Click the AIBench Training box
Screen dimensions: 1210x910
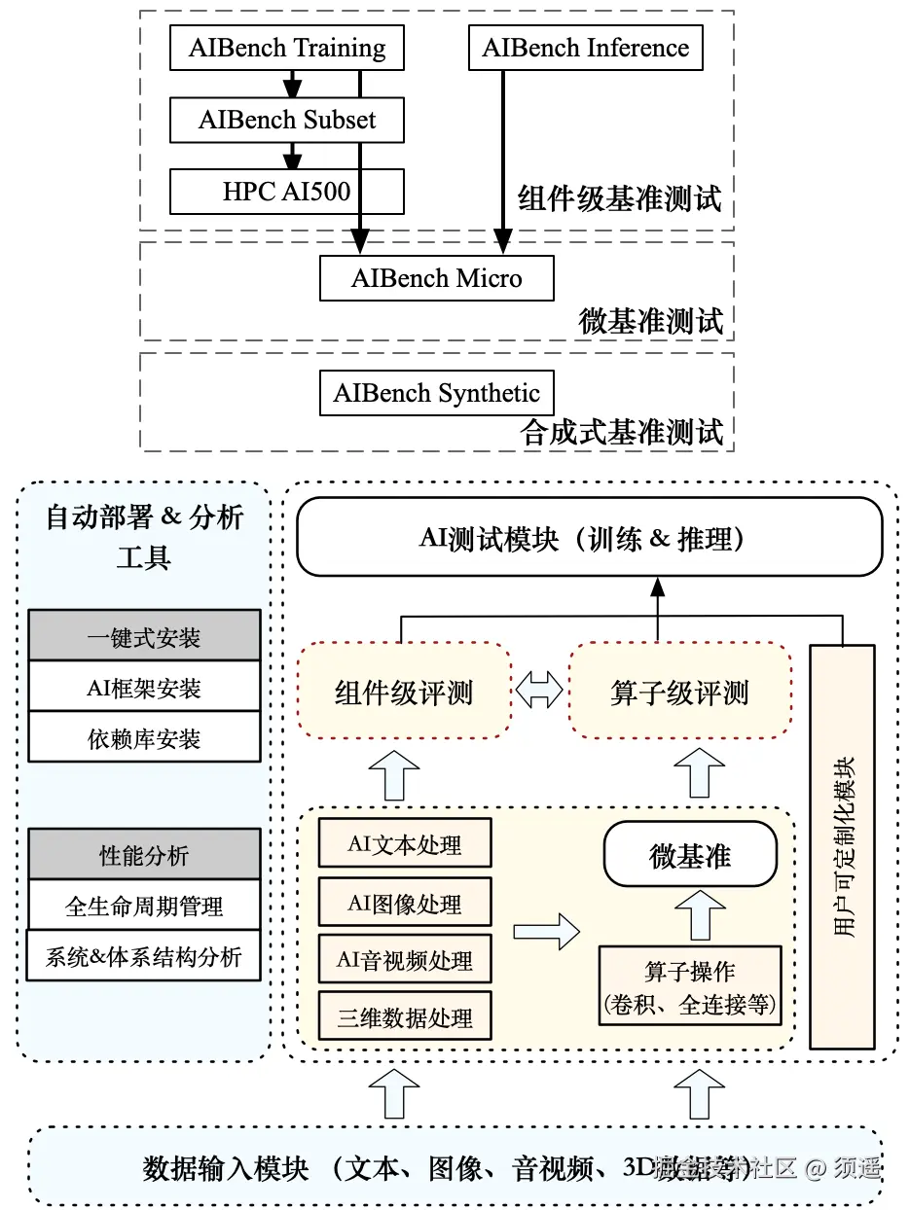pos(286,49)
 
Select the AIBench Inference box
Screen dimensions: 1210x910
pos(585,49)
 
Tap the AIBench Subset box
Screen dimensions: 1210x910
pos(286,120)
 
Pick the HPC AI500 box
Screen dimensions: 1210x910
pos(286,191)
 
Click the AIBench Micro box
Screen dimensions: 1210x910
pos(436,278)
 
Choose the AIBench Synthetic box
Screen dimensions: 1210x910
pos(436,393)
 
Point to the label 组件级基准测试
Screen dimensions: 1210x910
pos(620,198)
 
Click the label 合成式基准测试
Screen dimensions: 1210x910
pos(622,431)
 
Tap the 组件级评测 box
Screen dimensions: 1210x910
pos(404,692)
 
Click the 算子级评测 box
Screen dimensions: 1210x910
pos(679,692)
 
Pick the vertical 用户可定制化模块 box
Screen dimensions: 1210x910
pos(842,846)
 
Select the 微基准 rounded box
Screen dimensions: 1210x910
pos(690,857)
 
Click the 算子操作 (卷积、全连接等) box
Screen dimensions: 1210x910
pos(690,986)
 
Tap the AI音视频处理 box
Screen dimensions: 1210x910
pos(405,960)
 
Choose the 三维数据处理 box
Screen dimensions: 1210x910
pos(405,1016)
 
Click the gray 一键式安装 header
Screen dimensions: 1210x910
pos(144,637)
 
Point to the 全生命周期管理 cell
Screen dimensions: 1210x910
pos(144,907)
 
